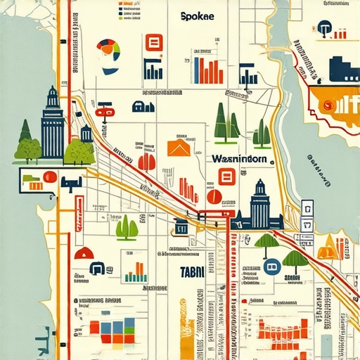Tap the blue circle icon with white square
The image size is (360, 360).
pos(273,266)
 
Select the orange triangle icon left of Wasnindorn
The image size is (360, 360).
pos(179,148)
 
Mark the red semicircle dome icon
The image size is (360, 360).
pos(84,253)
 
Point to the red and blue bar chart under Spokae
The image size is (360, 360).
pos(208,69)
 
